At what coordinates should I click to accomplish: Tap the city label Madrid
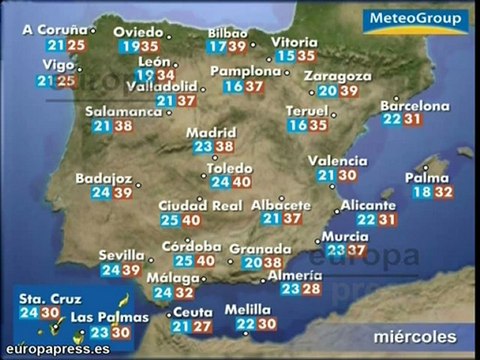tap(210, 130)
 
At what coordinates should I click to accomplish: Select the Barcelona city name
tap(414, 104)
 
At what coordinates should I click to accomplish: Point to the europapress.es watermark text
tap(54, 350)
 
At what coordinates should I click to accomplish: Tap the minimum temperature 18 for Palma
tap(423, 193)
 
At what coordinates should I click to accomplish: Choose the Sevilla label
tap(120, 254)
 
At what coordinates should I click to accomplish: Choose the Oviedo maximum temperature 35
tap(150, 46)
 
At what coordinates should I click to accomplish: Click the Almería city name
tap(295, 275)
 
